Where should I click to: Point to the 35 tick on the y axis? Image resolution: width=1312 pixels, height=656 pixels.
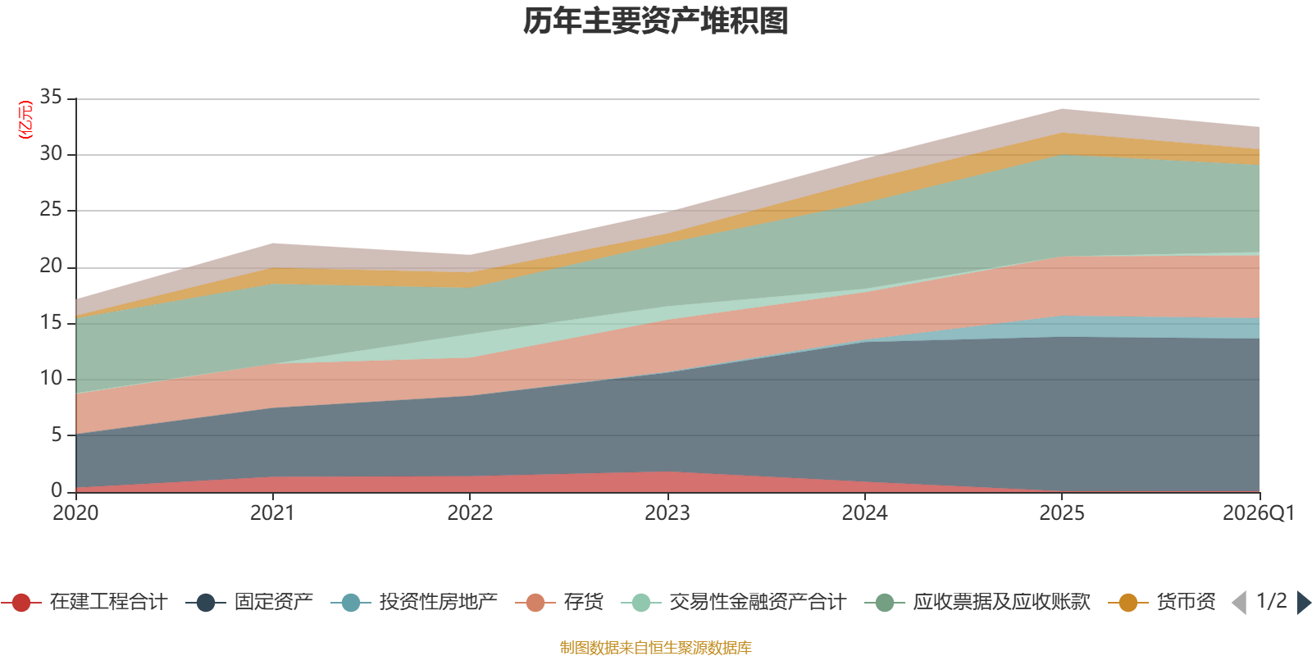[51, 98]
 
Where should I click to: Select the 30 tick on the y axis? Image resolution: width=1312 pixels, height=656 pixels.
[51, 154]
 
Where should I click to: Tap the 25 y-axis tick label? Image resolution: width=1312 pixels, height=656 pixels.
[51, 210]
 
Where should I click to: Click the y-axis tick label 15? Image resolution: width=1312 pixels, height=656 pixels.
[51, 322]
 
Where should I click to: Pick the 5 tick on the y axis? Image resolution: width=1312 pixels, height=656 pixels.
[56, 435]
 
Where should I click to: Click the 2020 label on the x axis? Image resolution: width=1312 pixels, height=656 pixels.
[75, 513]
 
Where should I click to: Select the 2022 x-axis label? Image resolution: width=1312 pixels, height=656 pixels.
[470, 513]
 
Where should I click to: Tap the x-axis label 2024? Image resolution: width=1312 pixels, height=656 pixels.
[864, 513]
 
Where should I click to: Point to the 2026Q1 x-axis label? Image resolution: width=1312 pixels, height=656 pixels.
[1258, 513]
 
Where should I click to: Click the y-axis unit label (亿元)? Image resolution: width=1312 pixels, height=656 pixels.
[25, 120]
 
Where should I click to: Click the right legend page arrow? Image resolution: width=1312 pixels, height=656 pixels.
[1303, 603]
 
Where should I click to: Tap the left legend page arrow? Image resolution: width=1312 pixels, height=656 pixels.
[1239, 603]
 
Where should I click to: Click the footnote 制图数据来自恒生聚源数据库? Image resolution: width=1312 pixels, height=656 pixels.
[656, 648]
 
